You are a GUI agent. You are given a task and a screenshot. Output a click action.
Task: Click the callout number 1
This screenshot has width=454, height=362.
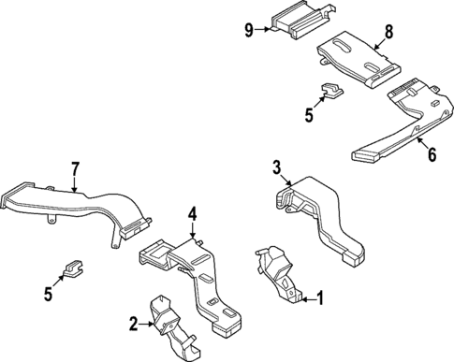point(319,299)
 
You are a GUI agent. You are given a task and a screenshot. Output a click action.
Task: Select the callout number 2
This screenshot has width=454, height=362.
point(134,324)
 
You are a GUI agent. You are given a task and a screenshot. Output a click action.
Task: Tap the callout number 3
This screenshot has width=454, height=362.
point(277,167)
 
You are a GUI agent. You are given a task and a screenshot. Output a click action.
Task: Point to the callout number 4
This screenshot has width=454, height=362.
point(191,214)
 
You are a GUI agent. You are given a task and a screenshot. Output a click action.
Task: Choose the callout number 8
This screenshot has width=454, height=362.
point(388,31)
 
